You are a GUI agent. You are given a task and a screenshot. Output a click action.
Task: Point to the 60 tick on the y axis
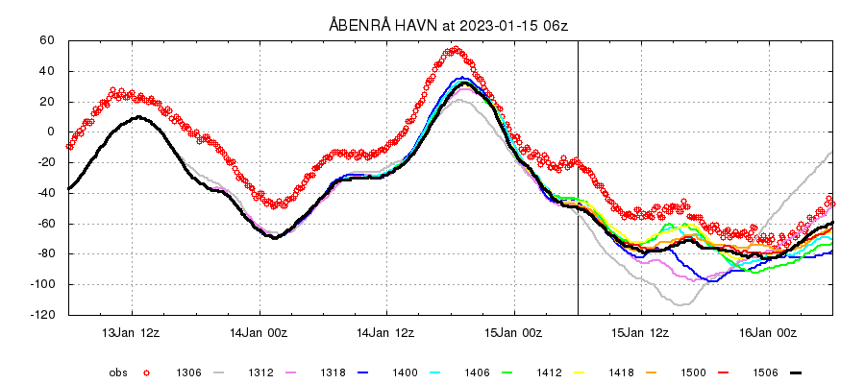[47, 41]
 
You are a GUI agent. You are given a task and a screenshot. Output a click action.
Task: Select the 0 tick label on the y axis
[52, 132]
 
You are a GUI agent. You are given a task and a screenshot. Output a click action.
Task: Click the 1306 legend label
[188, 372]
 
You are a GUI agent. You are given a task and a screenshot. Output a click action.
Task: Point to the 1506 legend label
[766, 372]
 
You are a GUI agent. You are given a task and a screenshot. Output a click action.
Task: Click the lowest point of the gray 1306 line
[681, 305]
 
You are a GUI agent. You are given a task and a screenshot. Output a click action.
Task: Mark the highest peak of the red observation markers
[457, 49]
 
